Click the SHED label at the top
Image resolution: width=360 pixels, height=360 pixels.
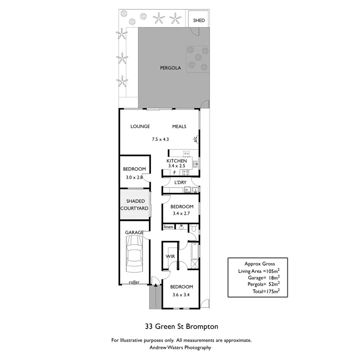click(x=199, y=20)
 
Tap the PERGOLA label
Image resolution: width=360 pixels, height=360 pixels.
click(x=170, y=68)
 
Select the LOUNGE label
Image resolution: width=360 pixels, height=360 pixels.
click(x=140, y=126)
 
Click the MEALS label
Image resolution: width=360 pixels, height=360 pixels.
click(x=179, y=126)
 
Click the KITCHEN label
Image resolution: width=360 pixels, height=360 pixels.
click(x=177, y=161)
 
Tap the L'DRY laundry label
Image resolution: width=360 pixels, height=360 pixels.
click(x=180, y=182)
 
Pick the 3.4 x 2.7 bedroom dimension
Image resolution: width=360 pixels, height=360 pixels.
click(x=180, y=214)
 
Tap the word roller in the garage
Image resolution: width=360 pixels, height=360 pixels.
click(x=134, y=282)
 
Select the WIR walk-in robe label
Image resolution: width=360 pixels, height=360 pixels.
click(x=170, y=256)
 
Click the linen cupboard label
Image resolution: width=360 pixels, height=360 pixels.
click(x=168, y=227)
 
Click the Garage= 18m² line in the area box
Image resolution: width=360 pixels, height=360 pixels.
click(x=264, y=277)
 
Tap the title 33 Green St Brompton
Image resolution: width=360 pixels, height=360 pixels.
click(x=181, y=326)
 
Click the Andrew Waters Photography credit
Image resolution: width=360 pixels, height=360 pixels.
click(x=180, y=347)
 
